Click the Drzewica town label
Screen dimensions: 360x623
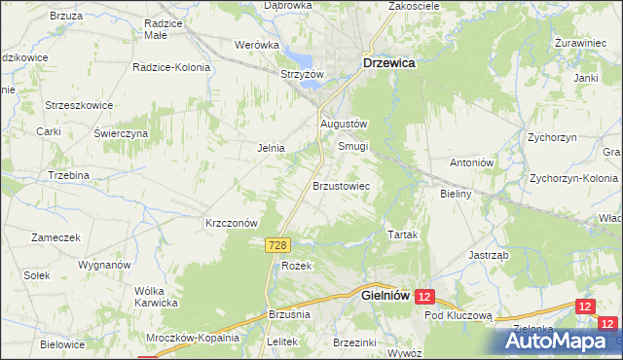coord(389,61)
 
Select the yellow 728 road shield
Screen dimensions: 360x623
coord(275,249)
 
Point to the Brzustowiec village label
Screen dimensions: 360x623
coord(340,184)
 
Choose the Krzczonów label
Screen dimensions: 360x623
coord(231,222)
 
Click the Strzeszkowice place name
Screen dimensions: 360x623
coord(80,105)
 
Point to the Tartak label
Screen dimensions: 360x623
coord(403,235)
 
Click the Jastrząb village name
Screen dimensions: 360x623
coord(489,255)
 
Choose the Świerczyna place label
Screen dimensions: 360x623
coord(121,133)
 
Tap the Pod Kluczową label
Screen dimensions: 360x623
coord(459,316)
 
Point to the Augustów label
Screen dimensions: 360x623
coord(344,125)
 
